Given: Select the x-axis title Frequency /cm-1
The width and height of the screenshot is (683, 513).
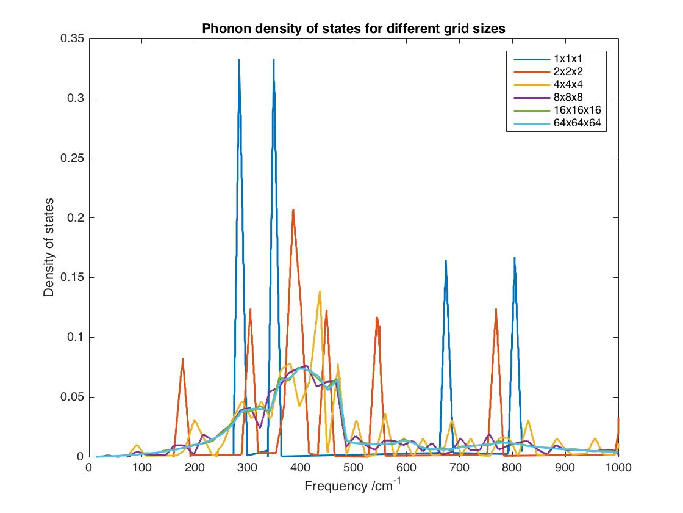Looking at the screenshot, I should click(x=353, y=486).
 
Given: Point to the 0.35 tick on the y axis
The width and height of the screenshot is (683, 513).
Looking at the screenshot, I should click(x=73, y=38).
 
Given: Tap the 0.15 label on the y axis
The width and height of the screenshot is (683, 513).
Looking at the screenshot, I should click(x=73, y=277).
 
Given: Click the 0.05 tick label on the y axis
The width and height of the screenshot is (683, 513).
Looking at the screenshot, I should click(x=73, y=397).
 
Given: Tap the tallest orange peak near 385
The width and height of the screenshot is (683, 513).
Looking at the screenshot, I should click(x=293, y=210).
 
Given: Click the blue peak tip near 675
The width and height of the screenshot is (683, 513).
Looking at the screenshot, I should click(x=446, y=260).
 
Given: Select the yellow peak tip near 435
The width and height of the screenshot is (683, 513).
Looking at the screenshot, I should click(x=320, y=292).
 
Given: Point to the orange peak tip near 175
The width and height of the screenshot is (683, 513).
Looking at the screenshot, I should click(x=182, y=358).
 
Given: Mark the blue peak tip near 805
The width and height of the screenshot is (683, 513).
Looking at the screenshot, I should click(x=515, y=258).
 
